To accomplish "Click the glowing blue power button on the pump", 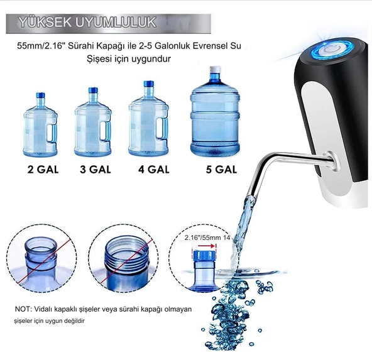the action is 331,50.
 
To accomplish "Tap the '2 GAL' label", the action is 43,170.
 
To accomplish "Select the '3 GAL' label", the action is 96,170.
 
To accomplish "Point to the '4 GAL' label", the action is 154,170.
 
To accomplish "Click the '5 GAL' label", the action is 221,170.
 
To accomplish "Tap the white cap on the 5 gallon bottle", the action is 215,70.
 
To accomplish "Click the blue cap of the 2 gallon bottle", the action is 40,95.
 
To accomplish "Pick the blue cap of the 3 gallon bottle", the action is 93,90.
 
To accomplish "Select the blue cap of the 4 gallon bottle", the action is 149,84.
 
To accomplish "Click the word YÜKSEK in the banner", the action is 45,23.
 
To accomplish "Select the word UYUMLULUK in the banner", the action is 116,22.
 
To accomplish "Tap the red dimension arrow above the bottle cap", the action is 207,246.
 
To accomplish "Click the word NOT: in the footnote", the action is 23,309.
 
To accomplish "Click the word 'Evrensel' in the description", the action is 208,46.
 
